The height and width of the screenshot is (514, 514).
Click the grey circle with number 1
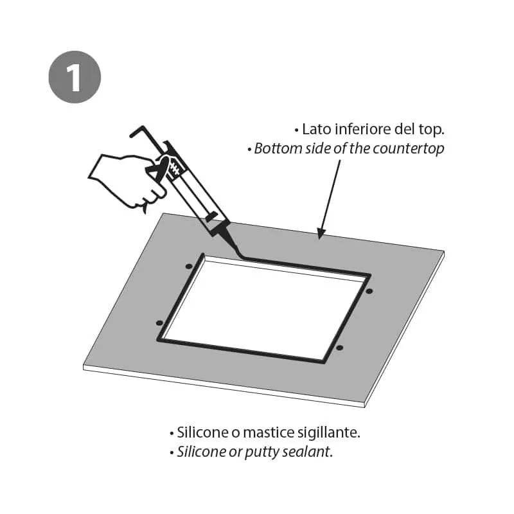click(75, 77)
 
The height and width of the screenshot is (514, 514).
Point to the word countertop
click(409, 149)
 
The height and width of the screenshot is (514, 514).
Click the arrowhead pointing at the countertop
click(321, 233)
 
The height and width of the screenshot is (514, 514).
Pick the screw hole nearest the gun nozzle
click(188, 266)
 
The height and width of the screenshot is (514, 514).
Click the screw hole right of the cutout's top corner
click(369, 291)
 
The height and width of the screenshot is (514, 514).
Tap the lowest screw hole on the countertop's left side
click(159, 323)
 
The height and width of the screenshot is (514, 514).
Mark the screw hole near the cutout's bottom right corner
click(340, 348)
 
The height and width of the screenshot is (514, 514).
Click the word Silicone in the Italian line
click(202, 432)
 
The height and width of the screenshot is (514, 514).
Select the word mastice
click(269, 432)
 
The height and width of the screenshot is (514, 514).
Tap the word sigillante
click(329, 433)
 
